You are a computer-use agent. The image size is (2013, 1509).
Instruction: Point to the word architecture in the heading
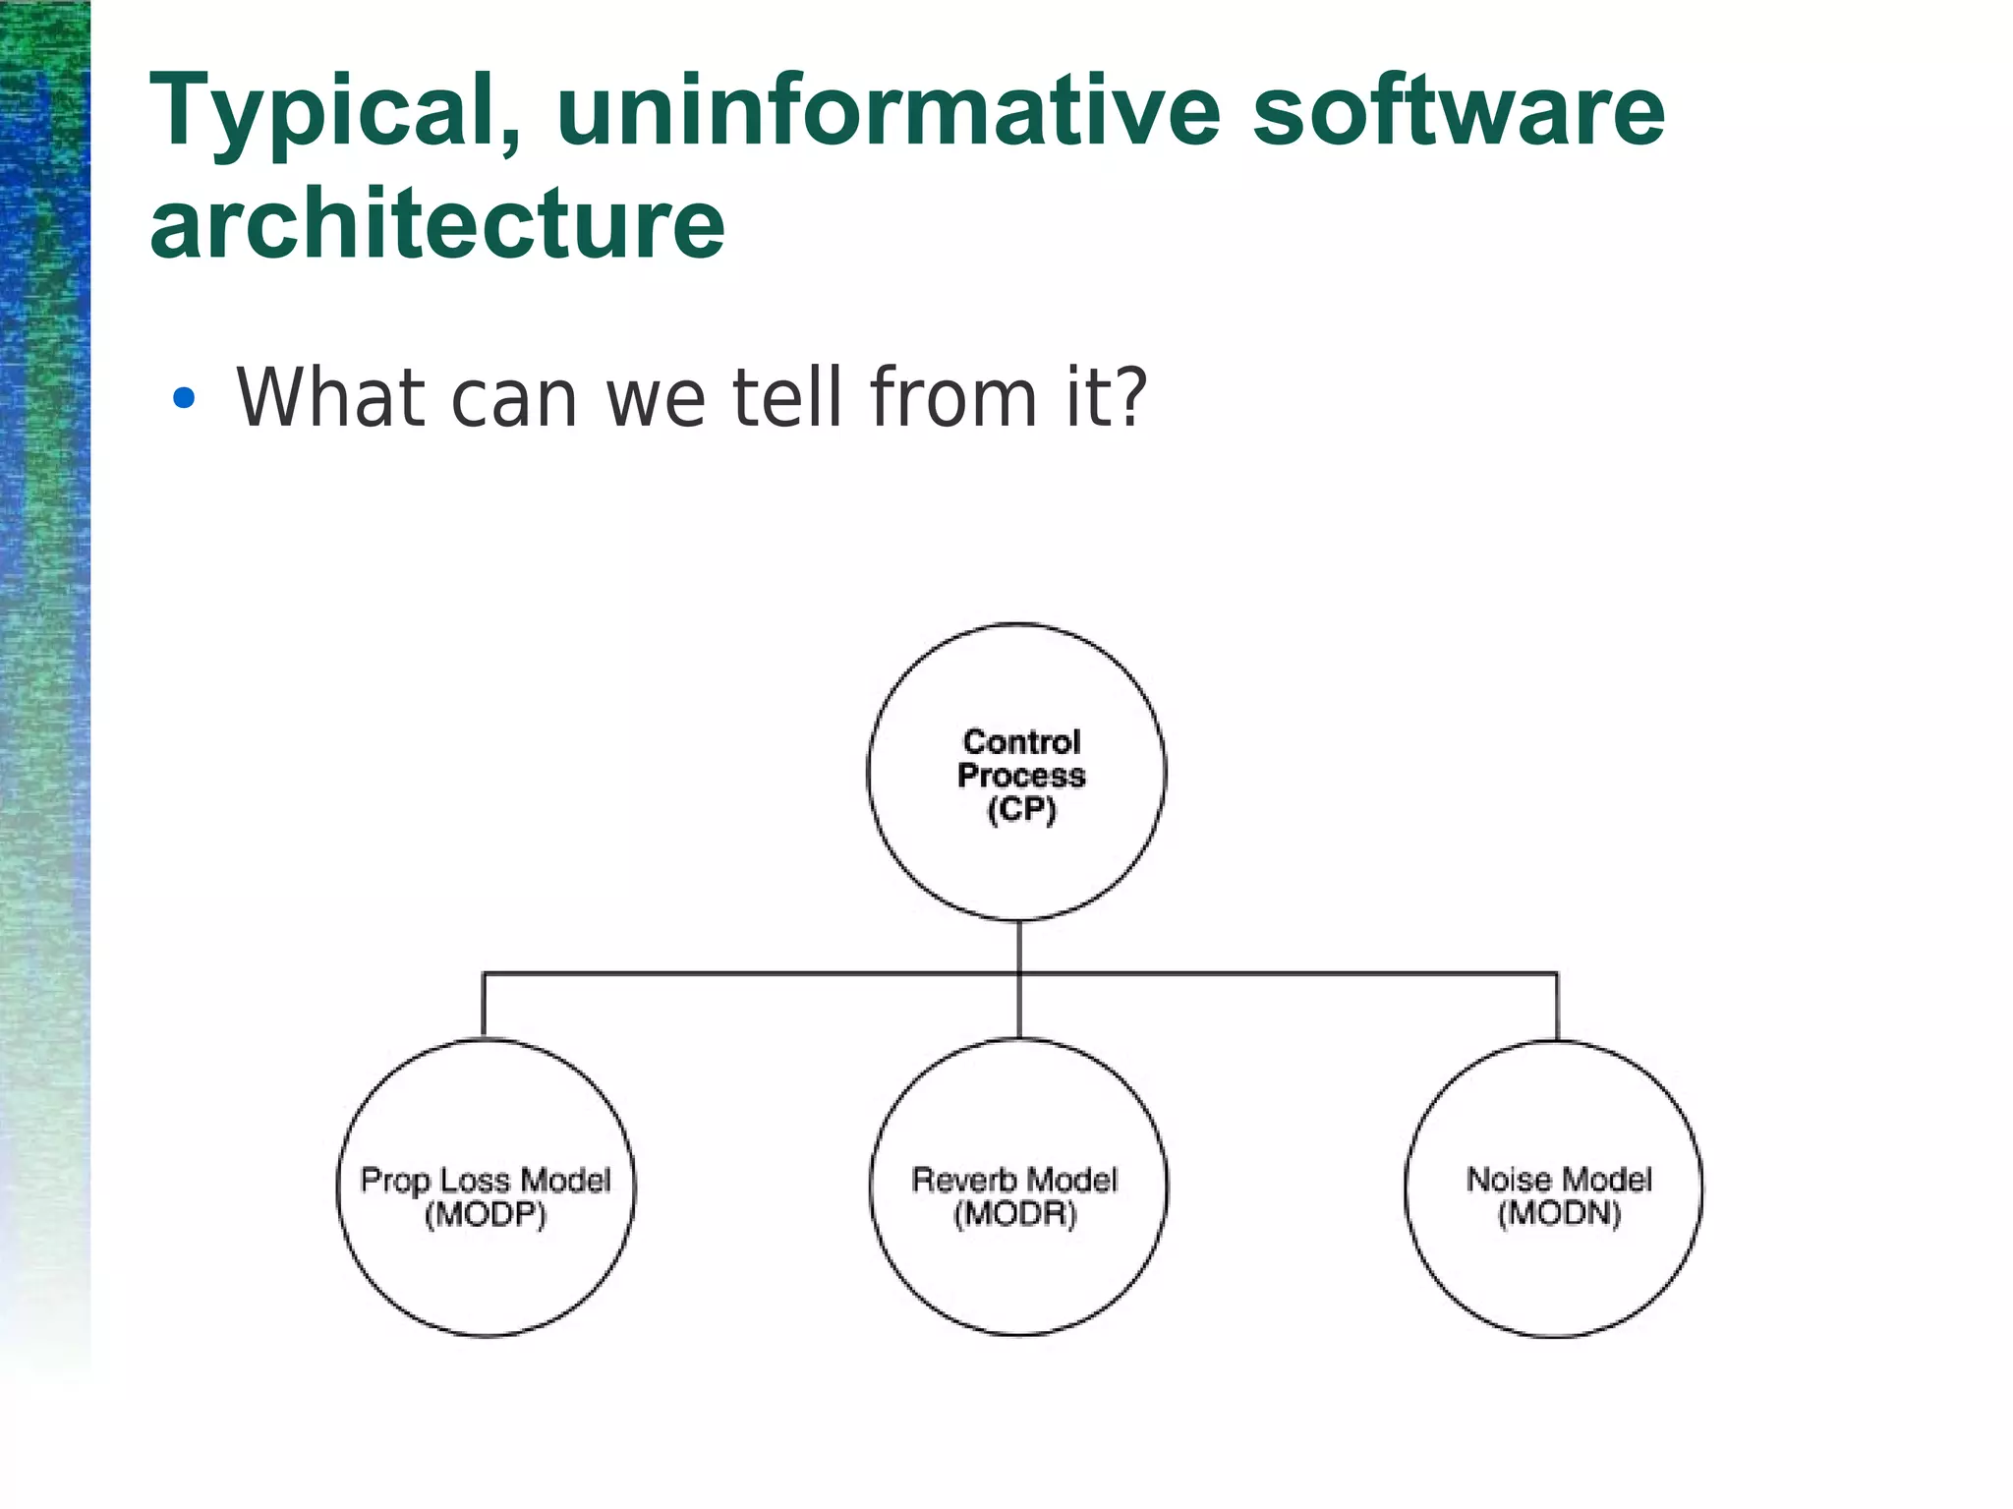point(437,224)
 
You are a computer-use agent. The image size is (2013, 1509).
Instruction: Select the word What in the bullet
point(330,397)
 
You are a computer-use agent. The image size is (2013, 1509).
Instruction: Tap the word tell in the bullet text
point(788,397)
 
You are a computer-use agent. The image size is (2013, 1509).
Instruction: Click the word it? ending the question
point(1106,397)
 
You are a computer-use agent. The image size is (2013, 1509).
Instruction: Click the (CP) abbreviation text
point(1021,810)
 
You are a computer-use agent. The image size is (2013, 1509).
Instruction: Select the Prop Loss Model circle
point(486,1268)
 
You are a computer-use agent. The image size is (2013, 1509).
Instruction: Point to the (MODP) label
point(486,1215)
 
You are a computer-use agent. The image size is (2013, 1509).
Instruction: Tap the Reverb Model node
point(1018,1268)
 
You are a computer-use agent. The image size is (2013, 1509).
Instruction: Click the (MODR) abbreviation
point(1015,1215)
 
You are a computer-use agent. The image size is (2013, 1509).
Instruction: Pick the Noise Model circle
point(1554,1268)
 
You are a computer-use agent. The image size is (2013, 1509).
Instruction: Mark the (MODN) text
point(1559,1214)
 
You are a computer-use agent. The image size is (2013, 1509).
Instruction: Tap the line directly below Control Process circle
point(1019,946)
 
